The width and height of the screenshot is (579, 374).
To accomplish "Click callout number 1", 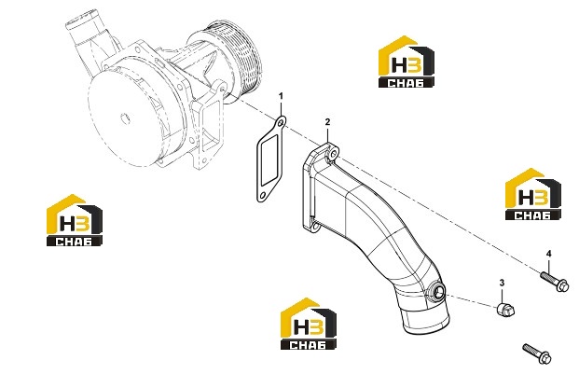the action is (281, 96).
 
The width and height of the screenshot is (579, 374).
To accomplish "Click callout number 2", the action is (327, 122).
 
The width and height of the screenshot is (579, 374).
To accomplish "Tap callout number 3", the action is (502, 283).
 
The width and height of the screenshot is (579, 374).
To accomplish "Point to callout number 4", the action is (549, 254).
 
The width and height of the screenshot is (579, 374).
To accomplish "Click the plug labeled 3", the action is (504, 310).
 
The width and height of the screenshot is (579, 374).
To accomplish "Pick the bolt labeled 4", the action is (555, 282).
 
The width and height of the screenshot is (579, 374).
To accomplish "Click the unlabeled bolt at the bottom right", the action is (537, 353).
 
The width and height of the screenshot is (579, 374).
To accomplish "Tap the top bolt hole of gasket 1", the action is (281, 122).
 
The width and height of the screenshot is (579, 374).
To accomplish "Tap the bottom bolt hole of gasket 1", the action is (263, 196).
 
